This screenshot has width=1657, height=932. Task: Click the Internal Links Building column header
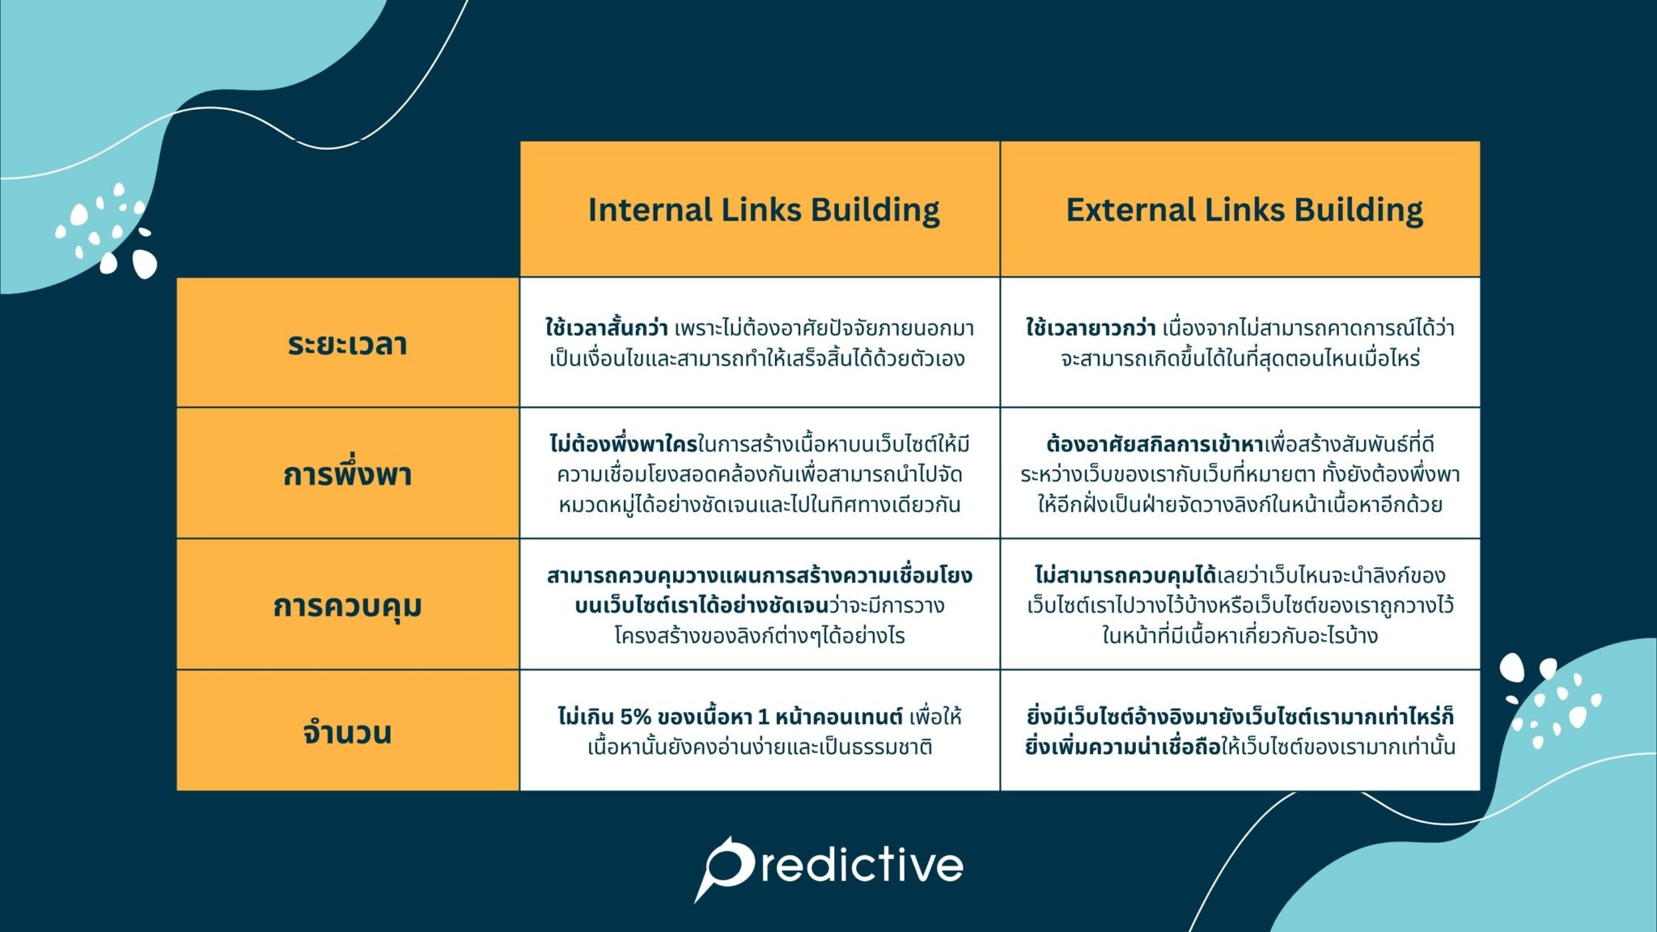(x=763, y=210)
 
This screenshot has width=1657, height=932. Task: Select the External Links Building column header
(x=1244, y=210)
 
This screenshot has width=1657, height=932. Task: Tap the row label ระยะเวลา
(x=347, y=344)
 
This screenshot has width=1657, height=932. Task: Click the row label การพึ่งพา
(x=347, y=474)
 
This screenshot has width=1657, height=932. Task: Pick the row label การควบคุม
(x=347, y=605)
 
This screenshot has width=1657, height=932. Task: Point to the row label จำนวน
(x=347, y=732)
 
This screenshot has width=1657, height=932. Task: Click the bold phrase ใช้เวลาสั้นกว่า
(x=606, y=328)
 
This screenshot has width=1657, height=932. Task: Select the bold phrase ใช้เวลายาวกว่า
(x=1090, y=328)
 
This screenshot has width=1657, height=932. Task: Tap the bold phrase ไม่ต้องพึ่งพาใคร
(x=623, y=444)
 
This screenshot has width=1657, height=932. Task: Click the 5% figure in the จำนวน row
(x=635, y=717)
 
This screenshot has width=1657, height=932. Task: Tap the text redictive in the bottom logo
(x=862, y=866)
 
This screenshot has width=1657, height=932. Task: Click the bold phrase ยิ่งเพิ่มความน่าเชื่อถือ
(x=1122, y=747)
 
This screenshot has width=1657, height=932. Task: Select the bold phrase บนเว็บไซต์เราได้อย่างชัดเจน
(x=701, y=606)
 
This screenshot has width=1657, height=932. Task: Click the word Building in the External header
(x=1358, y=210)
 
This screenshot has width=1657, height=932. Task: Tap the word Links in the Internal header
(x=760, y=210)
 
